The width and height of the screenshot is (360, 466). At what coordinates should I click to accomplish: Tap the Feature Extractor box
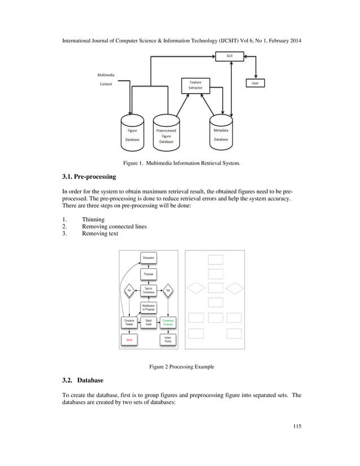coord(195,85)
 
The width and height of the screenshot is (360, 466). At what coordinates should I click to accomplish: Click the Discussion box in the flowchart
coord(148,258)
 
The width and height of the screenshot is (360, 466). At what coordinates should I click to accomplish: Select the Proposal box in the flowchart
coord(148,274)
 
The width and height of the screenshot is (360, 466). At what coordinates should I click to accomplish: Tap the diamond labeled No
coord(129,291)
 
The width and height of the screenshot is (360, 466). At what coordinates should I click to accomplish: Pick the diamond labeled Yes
coord(168,291)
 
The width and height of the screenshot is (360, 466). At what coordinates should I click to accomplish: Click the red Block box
coord(129,340)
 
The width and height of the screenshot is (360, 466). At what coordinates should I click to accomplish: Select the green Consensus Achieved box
coord(168,322)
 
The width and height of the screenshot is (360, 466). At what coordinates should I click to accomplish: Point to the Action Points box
coord(168,340)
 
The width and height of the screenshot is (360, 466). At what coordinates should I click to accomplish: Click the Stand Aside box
coord(148,322)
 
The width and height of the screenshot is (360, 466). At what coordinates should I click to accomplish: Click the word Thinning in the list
coord(93,219)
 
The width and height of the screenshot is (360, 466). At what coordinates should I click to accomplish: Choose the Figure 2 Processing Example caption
coord(181,367)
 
